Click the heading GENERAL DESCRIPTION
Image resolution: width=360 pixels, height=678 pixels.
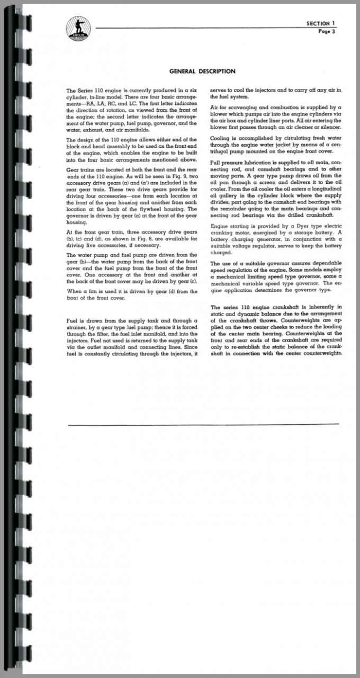202,72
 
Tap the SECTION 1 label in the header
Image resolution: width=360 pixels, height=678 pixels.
321,23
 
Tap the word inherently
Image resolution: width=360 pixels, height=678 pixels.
322,307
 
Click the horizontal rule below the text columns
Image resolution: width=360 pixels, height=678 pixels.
204,424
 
